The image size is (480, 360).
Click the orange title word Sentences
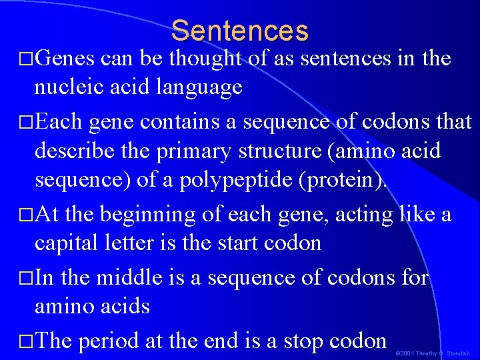[x=240, y=31]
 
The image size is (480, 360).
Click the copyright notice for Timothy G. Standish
[x=433, y=353]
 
